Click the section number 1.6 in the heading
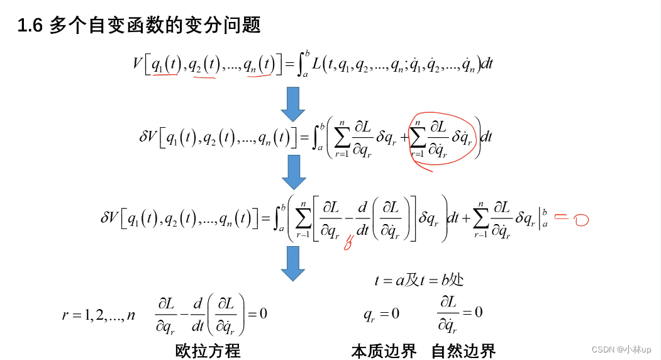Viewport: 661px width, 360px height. click(30, 26)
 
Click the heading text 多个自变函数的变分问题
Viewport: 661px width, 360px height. click(155, 26)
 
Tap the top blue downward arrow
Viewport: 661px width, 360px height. click(292, 104)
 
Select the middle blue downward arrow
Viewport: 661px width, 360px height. click(293, 172)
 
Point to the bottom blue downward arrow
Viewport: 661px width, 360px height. click(292, 263)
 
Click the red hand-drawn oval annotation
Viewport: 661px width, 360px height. click(444, 139)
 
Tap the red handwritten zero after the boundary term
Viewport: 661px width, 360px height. click(580, 220)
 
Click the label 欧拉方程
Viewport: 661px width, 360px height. click(208, 350)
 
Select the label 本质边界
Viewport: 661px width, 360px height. click(384, 350)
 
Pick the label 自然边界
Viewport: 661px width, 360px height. click(464, 350)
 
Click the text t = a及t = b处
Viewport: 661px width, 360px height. click(419, 280)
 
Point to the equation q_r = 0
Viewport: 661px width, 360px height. click(381, 313)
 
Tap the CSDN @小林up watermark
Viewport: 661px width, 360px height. click(621, 349)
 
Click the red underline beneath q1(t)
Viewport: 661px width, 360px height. click(165, 75)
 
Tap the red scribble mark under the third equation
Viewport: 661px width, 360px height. click(347, 243)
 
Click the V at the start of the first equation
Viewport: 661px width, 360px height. click(138, 64)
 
